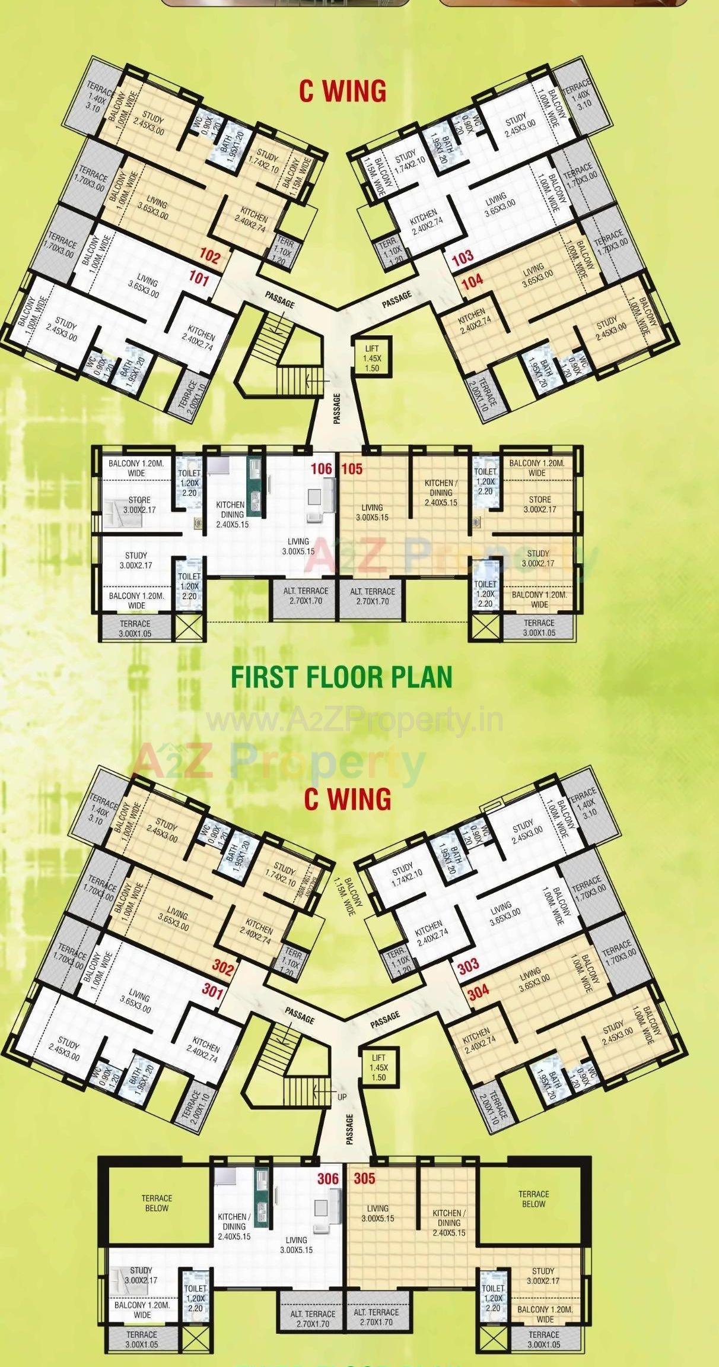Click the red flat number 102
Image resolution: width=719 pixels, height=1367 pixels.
(x=209, y=258)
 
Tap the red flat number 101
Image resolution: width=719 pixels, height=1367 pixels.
(x=199, y=278)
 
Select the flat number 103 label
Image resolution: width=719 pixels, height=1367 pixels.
(x=463, y=258)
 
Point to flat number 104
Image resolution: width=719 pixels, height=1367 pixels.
(x=472, y=281)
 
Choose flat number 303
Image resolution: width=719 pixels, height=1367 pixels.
(x=468, y=965)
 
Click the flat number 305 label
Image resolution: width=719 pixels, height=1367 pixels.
(x=364, y=1179)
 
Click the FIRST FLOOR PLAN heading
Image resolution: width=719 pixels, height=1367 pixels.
(x=341, y=677)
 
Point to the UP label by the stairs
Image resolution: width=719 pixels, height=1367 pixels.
(x=342, y=1098)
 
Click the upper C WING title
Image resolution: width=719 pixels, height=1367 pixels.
(x=342, y=92)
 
